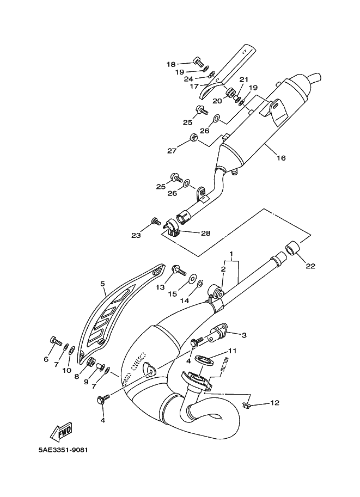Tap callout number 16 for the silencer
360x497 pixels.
[281, 157]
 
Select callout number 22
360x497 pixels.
[310, 266]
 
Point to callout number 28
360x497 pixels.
[205, 234]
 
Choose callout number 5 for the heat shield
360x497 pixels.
[102, 284]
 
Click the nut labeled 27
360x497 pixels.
[193, 137]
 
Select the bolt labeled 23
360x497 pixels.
[156, 221]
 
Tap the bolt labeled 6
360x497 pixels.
[56, 341]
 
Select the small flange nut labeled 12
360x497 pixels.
[247, 405]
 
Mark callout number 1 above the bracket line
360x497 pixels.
[231, 254]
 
